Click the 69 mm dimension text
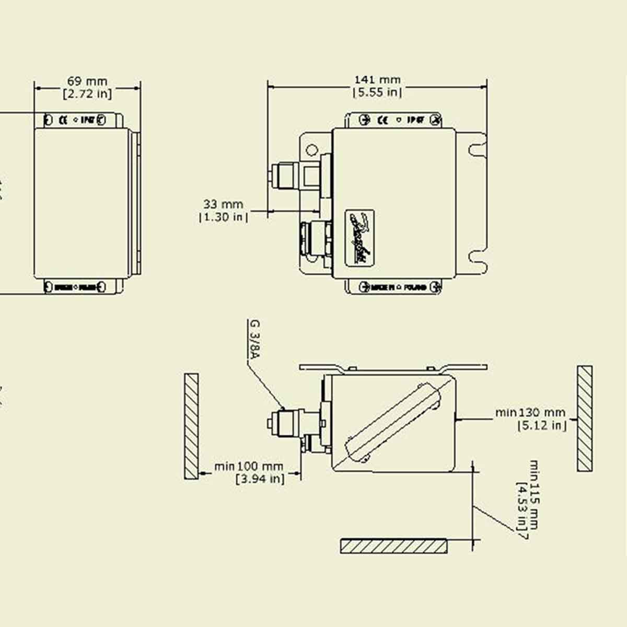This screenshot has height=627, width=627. click(x=87, y=81)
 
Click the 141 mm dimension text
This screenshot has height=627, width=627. click(x=377, y=79)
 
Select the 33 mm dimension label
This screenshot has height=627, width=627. click(x=223, y=204)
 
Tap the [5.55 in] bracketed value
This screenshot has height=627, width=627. click(x=377, y=92)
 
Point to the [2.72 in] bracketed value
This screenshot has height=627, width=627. click(x=87, y=94)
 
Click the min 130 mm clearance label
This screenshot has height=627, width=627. click(x=530, y=413)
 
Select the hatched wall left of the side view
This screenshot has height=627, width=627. click(x=191, y=426)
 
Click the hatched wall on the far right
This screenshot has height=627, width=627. click(x=585, y=419)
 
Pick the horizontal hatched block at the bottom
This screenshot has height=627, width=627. click(x=394, y=546)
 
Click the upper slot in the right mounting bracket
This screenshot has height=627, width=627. click(x=477, y=150)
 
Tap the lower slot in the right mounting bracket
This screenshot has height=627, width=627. click(x=477, y=257)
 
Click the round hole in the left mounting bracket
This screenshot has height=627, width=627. click(x=311, y=150)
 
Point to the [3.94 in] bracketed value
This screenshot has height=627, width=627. click(x=260, y=478)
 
